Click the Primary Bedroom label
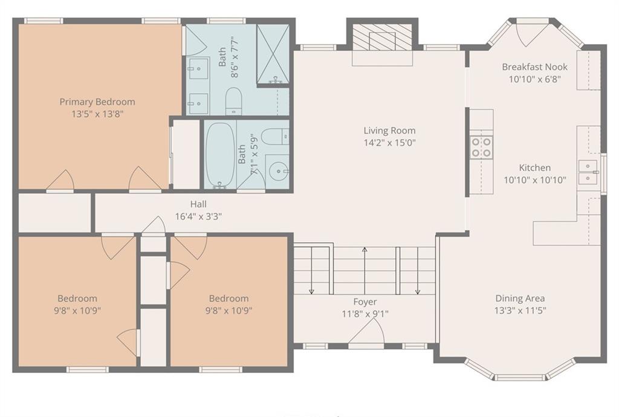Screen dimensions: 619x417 point(97,102)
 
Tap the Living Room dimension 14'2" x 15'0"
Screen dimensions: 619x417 point(389,143)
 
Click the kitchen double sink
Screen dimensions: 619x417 point(588,172)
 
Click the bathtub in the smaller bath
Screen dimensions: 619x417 point(221,155)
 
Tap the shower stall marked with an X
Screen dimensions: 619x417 point(273,54)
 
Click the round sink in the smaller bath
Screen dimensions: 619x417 point(278,172)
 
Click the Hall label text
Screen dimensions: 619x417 point(198,204)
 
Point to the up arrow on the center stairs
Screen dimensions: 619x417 point(365,271)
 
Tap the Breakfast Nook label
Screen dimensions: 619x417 point(534,66)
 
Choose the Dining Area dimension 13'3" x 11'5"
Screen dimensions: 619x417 point(520,311)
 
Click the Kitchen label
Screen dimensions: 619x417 point(534,167)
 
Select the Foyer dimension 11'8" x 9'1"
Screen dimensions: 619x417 point(365,314)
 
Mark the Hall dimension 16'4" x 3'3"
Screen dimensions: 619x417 point(198,216)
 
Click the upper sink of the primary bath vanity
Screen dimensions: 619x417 point(198,68)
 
